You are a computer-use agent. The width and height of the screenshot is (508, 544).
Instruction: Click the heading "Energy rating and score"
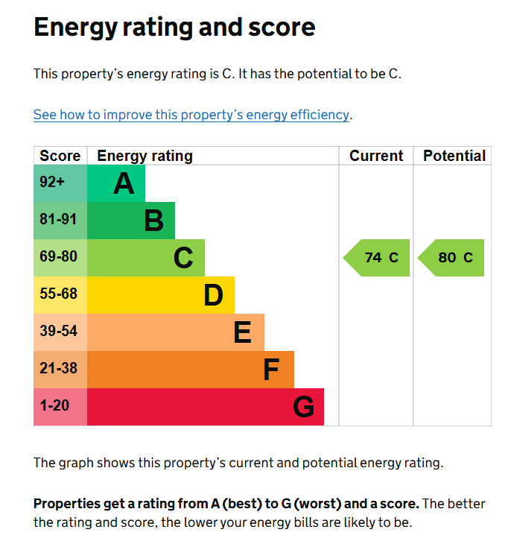click(x=174, y=28)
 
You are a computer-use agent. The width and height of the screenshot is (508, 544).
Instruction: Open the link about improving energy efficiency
click(x=191, y=115)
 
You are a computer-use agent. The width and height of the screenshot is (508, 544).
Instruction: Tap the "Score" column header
click(x=60, y=156)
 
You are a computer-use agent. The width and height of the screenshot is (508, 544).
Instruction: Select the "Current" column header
click(x=376, y=156)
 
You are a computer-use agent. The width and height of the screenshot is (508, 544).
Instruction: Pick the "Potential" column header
click(x=454, y=156)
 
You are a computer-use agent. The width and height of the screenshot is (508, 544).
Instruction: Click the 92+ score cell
click(x=52, y=183)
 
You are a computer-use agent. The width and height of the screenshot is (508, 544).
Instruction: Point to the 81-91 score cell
click(x=58, y=221)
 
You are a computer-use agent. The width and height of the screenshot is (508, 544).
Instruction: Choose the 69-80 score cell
click(x=58, y=258)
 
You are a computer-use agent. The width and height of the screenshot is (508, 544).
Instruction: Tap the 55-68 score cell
click(x=58, y=294)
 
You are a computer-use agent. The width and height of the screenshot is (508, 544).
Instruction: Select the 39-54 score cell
click(x=58, y=332)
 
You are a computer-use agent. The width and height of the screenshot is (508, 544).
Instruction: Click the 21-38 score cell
click(x=58, y=369)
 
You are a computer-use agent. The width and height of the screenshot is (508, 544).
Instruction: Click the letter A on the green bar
click(x=124, y=183)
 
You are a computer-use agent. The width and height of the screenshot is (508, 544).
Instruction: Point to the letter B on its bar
click(x=153, y=221)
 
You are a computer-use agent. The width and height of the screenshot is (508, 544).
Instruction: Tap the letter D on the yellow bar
click(x=213, y=295)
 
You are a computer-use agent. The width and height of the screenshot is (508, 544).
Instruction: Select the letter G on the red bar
click(x=303, y=407)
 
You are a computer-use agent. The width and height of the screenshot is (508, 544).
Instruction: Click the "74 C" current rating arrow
click(x=378, y=258)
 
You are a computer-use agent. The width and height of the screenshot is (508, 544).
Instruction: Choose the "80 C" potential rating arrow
click(x=452, y=258)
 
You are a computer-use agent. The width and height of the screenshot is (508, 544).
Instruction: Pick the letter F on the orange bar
click(x=271, y=370)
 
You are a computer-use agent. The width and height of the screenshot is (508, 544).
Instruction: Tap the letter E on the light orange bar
click(x=242, y=332)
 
